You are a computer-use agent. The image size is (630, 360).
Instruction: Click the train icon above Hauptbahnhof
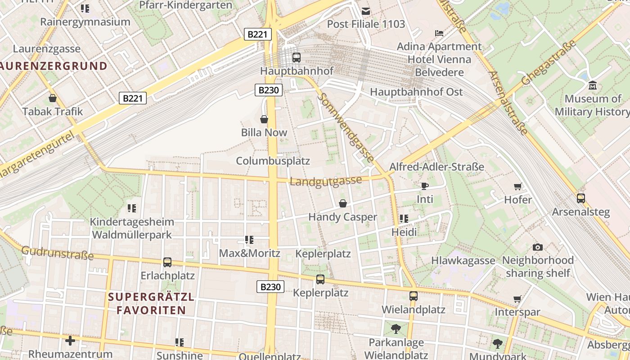[296, 57]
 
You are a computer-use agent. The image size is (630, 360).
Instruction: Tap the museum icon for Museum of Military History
[592, 85]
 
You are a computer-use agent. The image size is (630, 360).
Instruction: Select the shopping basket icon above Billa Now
[264, 119]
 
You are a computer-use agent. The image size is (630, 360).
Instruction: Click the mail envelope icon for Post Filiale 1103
[366, 11]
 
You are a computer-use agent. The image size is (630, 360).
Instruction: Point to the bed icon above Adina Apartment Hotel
[439, 33]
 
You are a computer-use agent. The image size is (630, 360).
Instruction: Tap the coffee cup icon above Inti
[424, 186]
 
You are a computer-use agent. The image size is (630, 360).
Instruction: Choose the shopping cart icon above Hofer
[517, 186]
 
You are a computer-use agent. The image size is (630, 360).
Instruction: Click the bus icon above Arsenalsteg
[580, 198]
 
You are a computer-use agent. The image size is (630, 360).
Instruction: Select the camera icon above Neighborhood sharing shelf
[537, 247]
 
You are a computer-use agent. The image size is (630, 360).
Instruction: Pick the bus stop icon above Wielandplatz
[413, 296]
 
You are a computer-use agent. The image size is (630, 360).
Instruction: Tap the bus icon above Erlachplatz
[167, 262]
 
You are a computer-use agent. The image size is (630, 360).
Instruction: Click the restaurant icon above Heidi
[404, 219]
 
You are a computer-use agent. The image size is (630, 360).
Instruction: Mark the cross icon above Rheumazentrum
[70, 341]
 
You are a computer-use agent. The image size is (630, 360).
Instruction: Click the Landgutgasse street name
[326, 181]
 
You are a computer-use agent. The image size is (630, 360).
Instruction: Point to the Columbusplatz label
[273, 161]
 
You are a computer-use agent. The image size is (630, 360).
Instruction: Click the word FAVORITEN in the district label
[151, 310]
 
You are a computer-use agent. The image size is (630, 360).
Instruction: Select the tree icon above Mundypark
[497, 344]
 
